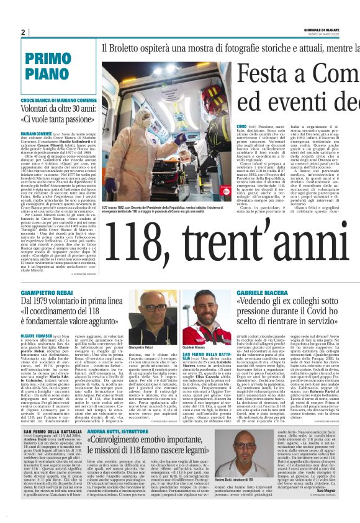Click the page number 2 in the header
tap(22, 32)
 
